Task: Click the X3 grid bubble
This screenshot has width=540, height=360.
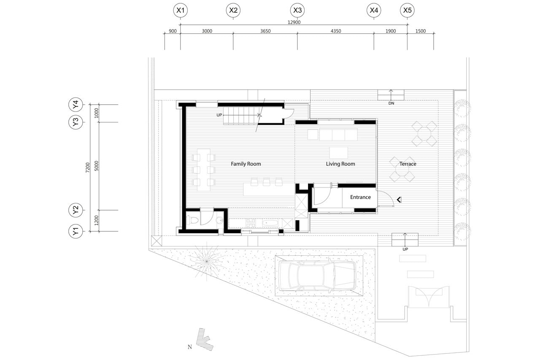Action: click(297, 11)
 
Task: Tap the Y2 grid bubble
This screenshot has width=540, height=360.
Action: click(76, 210)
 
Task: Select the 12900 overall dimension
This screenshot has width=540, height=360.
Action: click(294, 22)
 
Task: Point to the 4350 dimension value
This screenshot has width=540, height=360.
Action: click(335, 31)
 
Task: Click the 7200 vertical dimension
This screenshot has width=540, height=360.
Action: click(88, 168)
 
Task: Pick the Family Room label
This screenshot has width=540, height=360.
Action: click(246, 164)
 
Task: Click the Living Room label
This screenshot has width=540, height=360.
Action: click(340, 164)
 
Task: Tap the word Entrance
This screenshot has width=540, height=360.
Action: click(360, 197)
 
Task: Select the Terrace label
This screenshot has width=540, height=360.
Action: click(408, 164)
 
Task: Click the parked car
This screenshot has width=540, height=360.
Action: click(318, 275)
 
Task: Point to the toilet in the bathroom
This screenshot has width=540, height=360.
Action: click(192, 220)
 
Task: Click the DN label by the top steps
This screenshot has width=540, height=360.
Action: click(391, 103)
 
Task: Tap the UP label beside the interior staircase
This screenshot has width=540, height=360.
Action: click(219, 115)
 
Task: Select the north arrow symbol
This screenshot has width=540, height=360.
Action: click(205, 339)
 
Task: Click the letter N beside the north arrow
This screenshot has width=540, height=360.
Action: click(190, 347)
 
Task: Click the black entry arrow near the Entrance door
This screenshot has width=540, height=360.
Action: click(399, 200)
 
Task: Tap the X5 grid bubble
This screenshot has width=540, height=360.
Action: click(408, 11)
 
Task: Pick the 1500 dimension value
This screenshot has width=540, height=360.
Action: click(421, 31)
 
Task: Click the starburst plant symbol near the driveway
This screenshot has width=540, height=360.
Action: click(207, 261)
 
